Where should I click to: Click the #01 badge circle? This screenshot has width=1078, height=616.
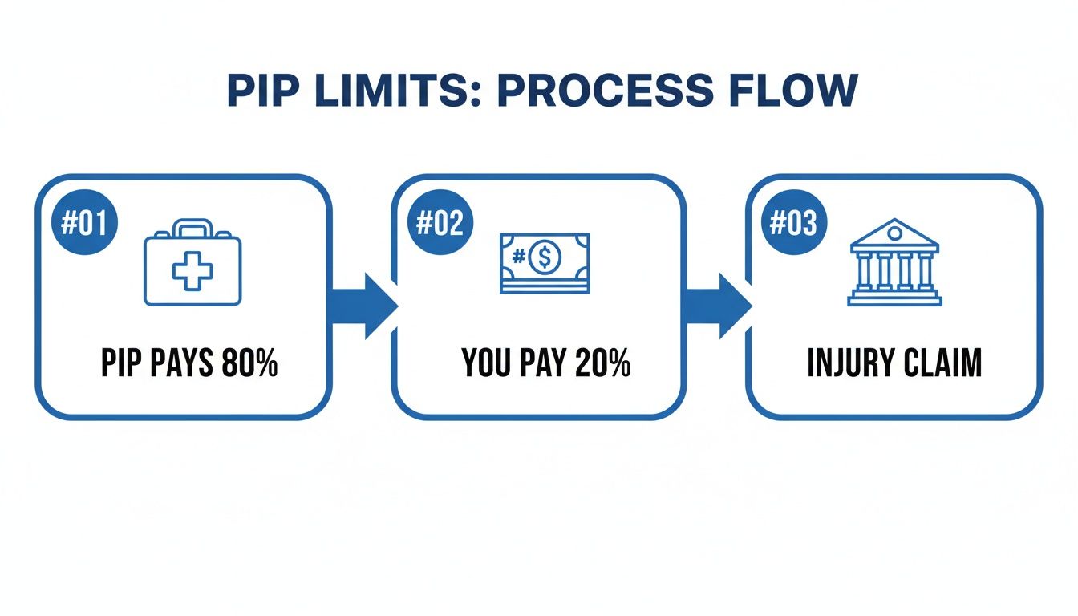tap(84, 222)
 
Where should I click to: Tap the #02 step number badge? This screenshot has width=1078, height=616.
tap(440, 222)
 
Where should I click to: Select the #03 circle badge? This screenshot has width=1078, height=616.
tap(793, 222)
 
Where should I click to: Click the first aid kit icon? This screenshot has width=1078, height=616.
tap(192, 262)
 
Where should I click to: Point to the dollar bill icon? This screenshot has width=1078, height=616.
tap(545, 263)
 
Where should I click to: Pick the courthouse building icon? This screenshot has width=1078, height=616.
tap(894, 262)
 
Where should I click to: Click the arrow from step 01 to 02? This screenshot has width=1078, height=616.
tap(363, 306)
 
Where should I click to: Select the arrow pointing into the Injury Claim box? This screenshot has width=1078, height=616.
tap(718, 306)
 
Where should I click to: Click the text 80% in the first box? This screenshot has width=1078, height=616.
tap(249, 363)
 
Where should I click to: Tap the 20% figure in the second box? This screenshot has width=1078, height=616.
tap(602, 363)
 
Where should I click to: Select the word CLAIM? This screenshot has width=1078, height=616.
tap(942, 363)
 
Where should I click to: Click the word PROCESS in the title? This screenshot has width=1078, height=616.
tap(605, 90)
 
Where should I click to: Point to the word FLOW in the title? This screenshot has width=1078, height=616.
tap(793, 90)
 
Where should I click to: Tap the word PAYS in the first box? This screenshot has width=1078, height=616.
tap(181, 363)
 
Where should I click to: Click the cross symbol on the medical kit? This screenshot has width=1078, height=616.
tap(192, 271)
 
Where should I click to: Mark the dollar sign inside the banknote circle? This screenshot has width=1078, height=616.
tap(545, 257)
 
